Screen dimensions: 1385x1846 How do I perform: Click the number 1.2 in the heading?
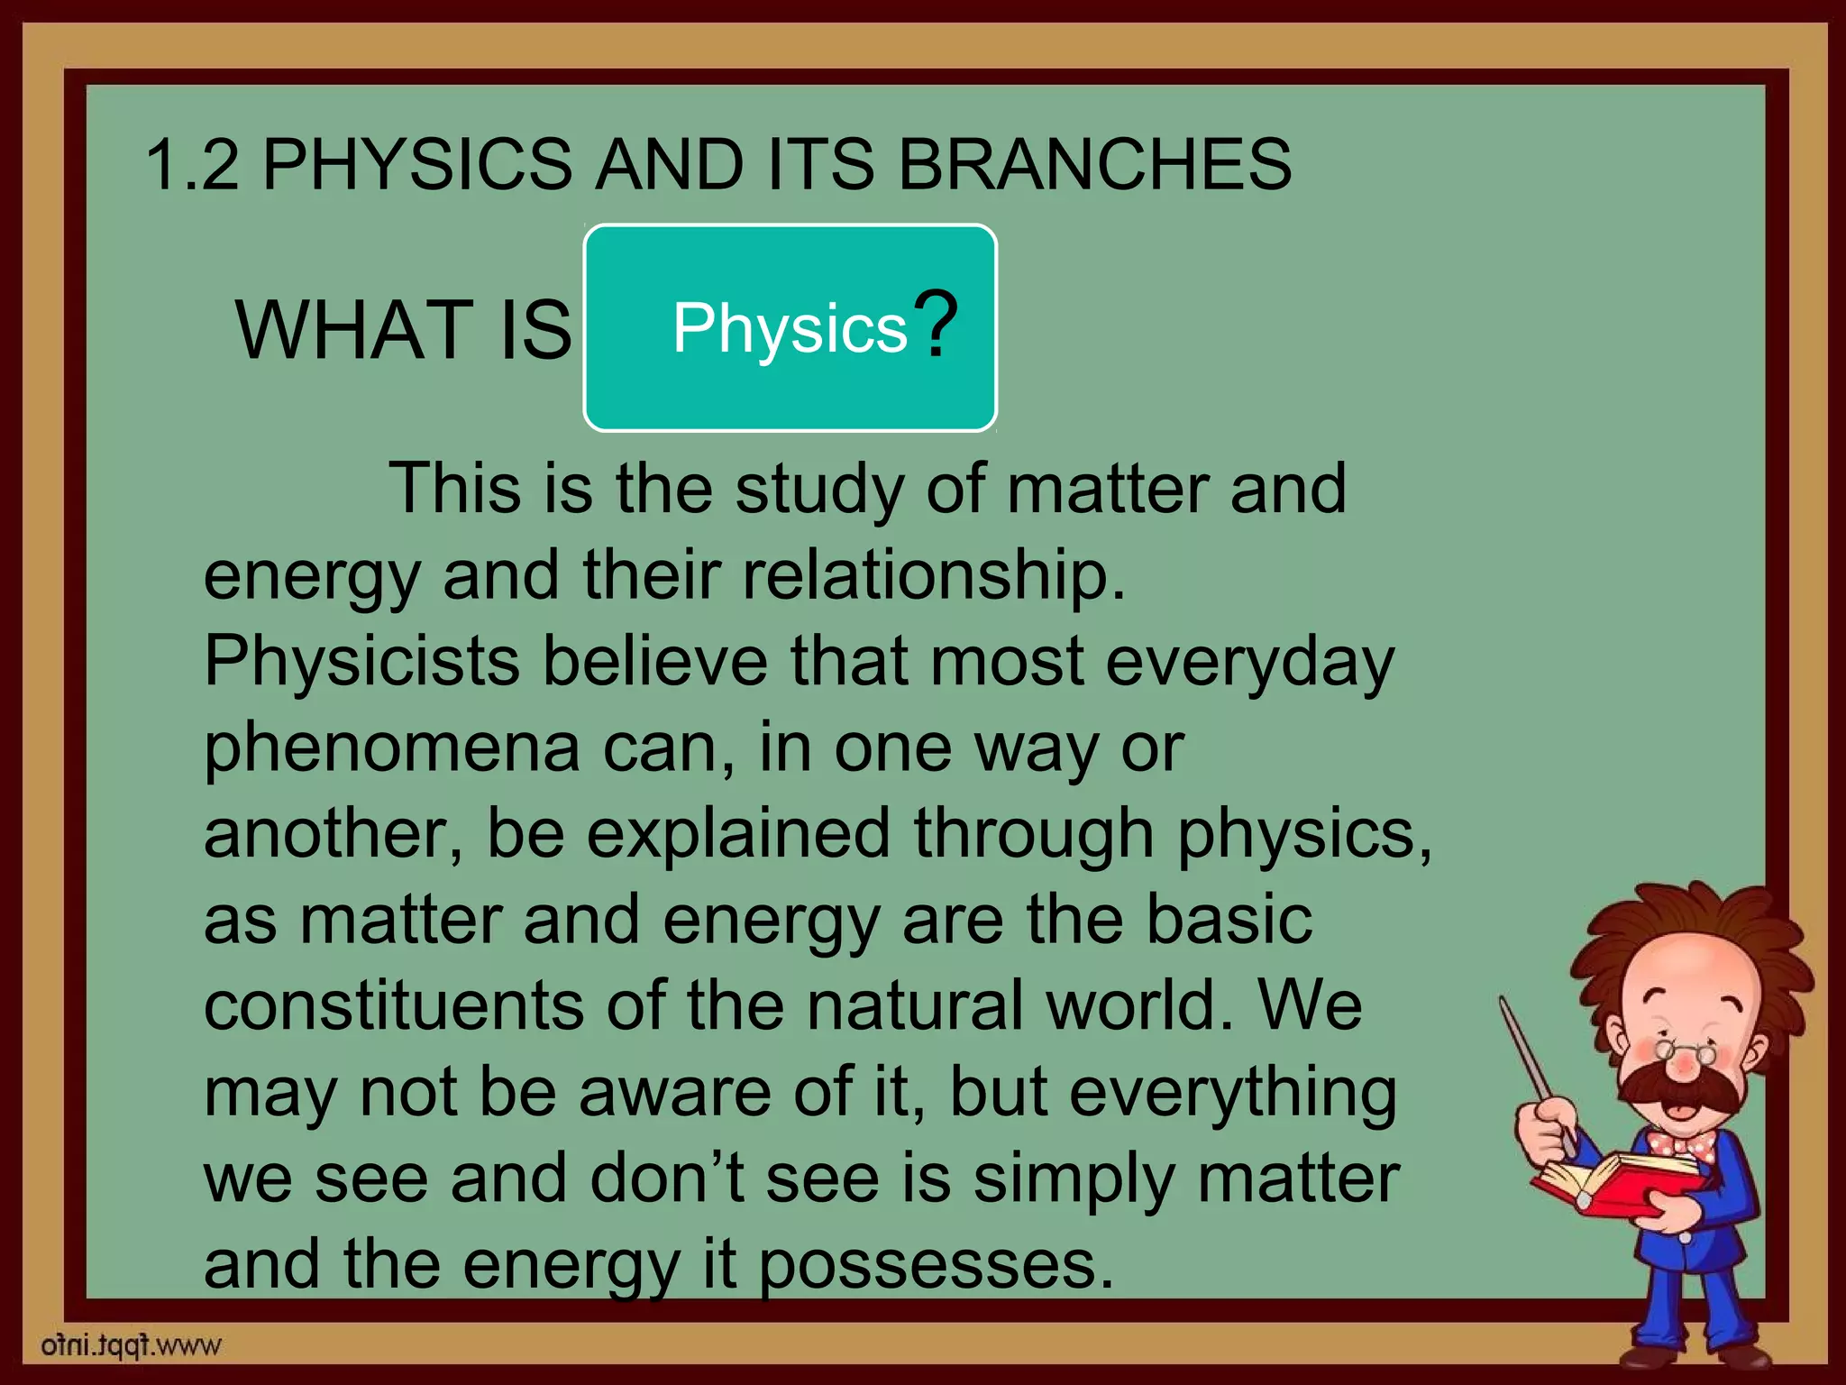pos(192,165)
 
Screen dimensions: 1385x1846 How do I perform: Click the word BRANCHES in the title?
pos(1094,165)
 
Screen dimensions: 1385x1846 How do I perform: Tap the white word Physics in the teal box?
pos(790,327)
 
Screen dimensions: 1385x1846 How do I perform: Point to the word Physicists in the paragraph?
pos(361,661)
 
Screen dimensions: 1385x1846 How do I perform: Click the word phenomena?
pos(391,748)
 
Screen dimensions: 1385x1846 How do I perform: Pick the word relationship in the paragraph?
pos(933,575)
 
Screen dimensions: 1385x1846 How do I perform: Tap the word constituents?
pos(393,1005)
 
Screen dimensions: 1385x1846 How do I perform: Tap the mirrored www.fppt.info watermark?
pos(131,1345)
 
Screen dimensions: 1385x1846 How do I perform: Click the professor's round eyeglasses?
pos(1682,1051)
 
